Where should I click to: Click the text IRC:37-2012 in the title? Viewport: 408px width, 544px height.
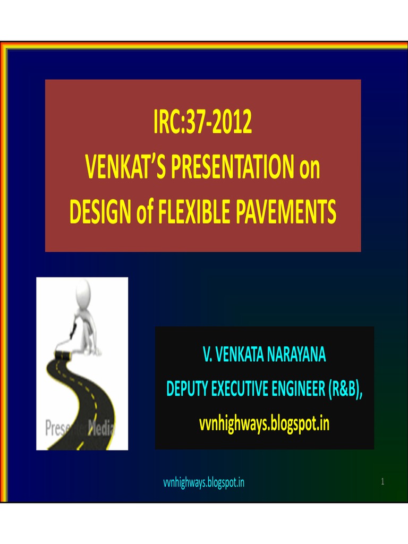(x=203, y=123)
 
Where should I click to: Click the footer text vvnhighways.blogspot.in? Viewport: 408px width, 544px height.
(x=203, y=483)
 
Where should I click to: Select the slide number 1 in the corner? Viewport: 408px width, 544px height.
(x=382, y=482)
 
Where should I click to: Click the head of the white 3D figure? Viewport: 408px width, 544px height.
(x=83, y=291)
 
